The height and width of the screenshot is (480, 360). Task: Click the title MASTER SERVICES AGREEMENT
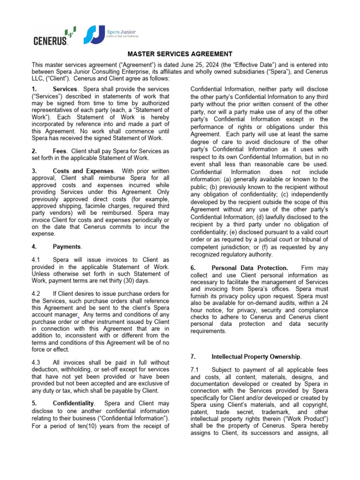coord(180,54)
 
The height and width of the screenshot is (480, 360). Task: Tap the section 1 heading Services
coord(65,89)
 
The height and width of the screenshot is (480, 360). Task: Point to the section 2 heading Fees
coord(61,151)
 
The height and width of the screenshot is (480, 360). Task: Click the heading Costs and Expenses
coord(82,171)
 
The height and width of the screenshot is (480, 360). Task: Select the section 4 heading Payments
coord(67,247)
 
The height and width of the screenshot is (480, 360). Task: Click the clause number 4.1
coord(37,260)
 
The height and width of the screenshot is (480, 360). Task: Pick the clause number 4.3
coord(37,362)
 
